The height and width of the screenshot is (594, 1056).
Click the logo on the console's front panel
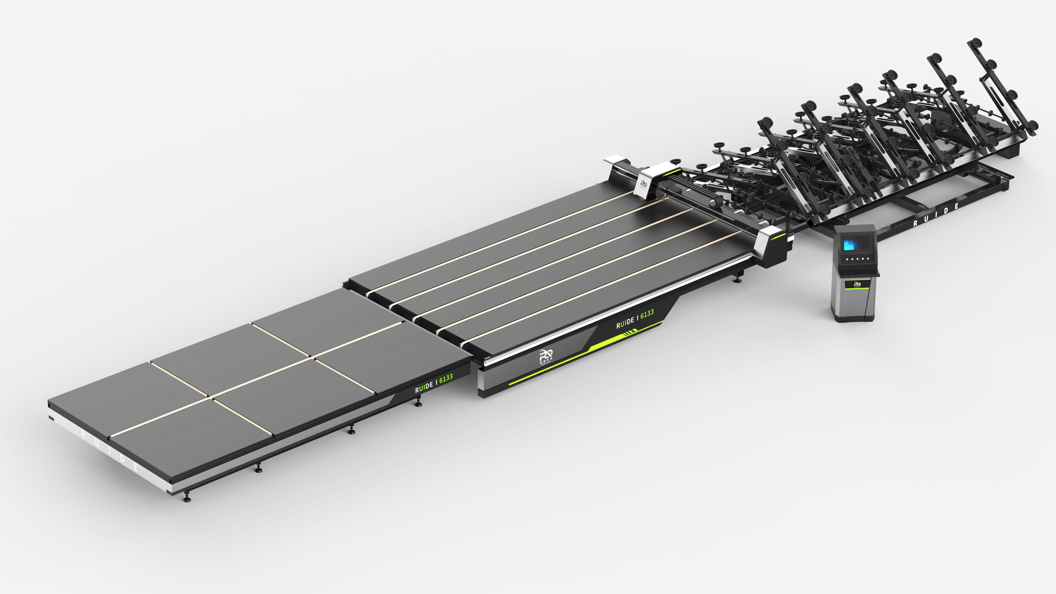(x=857, y=284)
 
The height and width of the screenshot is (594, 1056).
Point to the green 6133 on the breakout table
(x=446, y=378)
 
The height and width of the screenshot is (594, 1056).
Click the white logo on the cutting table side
(x=546, y=355)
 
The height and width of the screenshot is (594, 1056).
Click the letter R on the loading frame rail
(x=915, y=223)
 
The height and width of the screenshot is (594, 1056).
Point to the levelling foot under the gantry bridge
(x=738, y=280)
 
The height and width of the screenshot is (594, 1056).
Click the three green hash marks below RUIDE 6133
(x=630, y=334)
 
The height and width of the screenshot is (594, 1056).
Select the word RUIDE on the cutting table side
(x=625, y=322)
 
